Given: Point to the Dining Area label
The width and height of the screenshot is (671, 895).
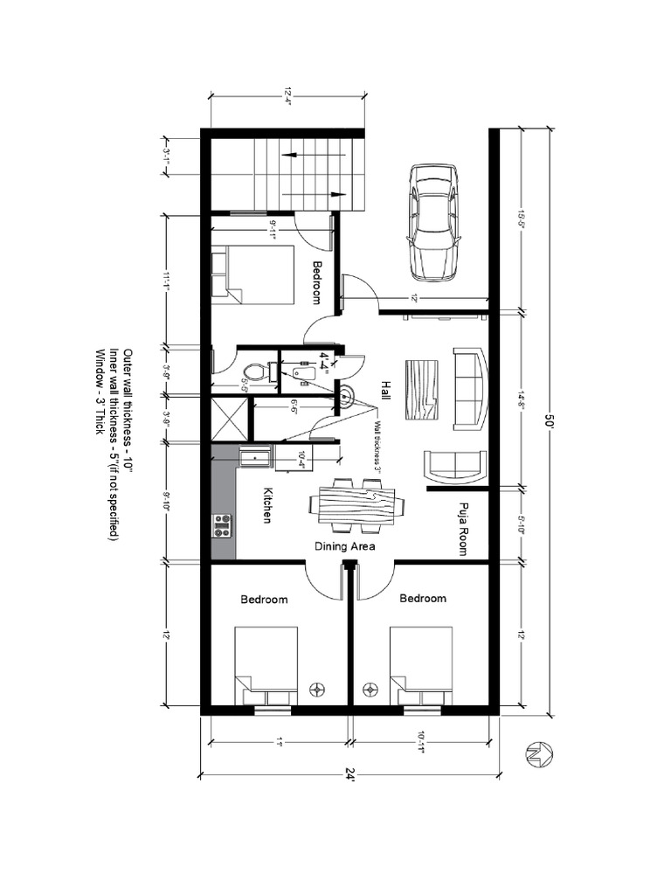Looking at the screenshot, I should pos(345,546).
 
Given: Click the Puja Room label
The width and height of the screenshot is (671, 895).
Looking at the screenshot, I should pos(462,529).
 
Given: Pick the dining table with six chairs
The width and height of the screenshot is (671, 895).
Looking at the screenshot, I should pos(356,505).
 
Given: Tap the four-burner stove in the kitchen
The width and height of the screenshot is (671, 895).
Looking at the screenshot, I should pos(222,524).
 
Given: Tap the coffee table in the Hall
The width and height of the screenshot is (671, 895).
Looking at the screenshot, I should pos(425,391).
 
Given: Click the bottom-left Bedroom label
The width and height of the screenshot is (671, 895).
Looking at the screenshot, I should pos(264,600).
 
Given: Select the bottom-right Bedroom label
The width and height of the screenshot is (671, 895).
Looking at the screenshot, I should pos(423,599).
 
